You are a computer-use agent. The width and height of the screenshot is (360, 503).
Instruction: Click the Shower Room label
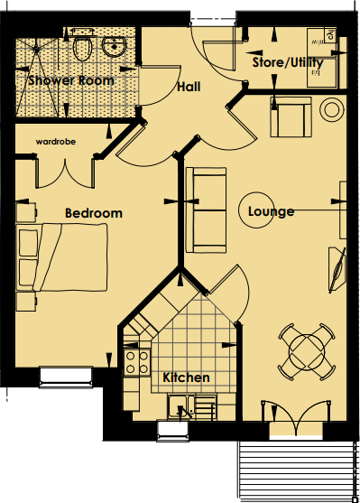point(70,80)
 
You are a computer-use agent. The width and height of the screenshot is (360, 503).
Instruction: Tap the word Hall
point(189,88)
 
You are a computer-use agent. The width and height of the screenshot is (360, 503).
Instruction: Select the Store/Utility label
point(284,63)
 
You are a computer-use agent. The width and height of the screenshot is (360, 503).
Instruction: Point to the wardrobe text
point(56,142)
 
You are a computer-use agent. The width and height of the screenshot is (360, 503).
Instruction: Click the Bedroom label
point(93,213)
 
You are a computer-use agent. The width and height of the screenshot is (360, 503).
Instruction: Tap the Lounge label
point(272,212)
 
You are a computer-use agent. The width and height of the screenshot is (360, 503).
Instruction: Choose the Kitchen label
point(186,377)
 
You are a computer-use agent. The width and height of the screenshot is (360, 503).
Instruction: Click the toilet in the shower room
point(83,46)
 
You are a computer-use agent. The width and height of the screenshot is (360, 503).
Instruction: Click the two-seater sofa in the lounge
point(207,210)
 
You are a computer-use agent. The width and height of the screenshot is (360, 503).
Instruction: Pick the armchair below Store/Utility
point(289,116)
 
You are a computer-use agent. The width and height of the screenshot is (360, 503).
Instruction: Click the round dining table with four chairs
point(306,350)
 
